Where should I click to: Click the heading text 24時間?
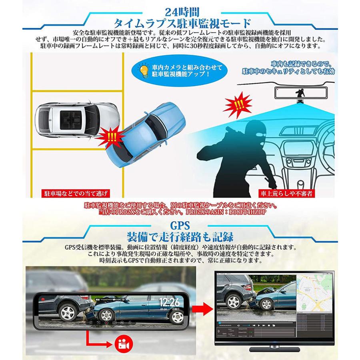click(x=180, y=8)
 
